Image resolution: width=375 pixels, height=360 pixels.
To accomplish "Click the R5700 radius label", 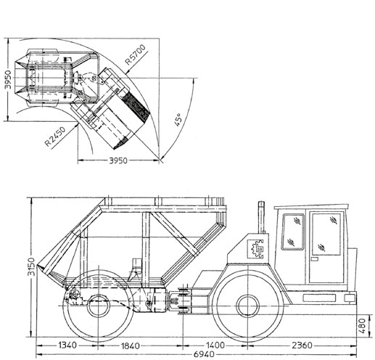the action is (x=136, y=54).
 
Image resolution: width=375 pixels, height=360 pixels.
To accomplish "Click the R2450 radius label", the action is (x=55, y=136).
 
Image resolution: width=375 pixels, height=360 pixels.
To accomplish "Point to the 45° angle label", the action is (x=178, y=120).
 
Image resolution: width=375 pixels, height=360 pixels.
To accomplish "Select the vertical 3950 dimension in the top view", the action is (x=8, y=80).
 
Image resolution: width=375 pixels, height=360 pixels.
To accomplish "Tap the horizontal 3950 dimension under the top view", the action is (x=118, y=160).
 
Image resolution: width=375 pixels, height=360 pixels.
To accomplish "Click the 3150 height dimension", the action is (x=31, y=266).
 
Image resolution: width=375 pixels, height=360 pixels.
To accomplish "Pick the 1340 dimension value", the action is (x=67, y=345).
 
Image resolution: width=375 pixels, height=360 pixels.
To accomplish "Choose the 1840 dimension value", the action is (x=131, y=345).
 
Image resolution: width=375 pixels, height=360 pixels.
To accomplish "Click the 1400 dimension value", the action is (x=215, y=345).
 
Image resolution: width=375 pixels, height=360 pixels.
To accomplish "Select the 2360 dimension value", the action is (x=302, y=345).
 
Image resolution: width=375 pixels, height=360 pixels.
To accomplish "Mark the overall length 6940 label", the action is (x=204, y=354).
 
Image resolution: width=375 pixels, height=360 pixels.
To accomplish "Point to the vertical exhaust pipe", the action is (x=261, y=217).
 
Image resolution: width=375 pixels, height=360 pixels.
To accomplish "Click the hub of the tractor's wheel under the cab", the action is (x=248, y=306).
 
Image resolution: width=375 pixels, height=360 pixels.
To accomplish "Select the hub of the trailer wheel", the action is (x=98, y=306).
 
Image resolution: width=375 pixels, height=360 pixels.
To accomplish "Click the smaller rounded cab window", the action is (x=293, y=232).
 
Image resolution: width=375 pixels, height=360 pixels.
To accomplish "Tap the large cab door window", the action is (x=326, y=234).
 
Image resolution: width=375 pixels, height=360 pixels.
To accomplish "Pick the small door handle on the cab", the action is (x=315, y=259).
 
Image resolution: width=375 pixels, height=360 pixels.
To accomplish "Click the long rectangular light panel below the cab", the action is (x=319, y=298).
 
